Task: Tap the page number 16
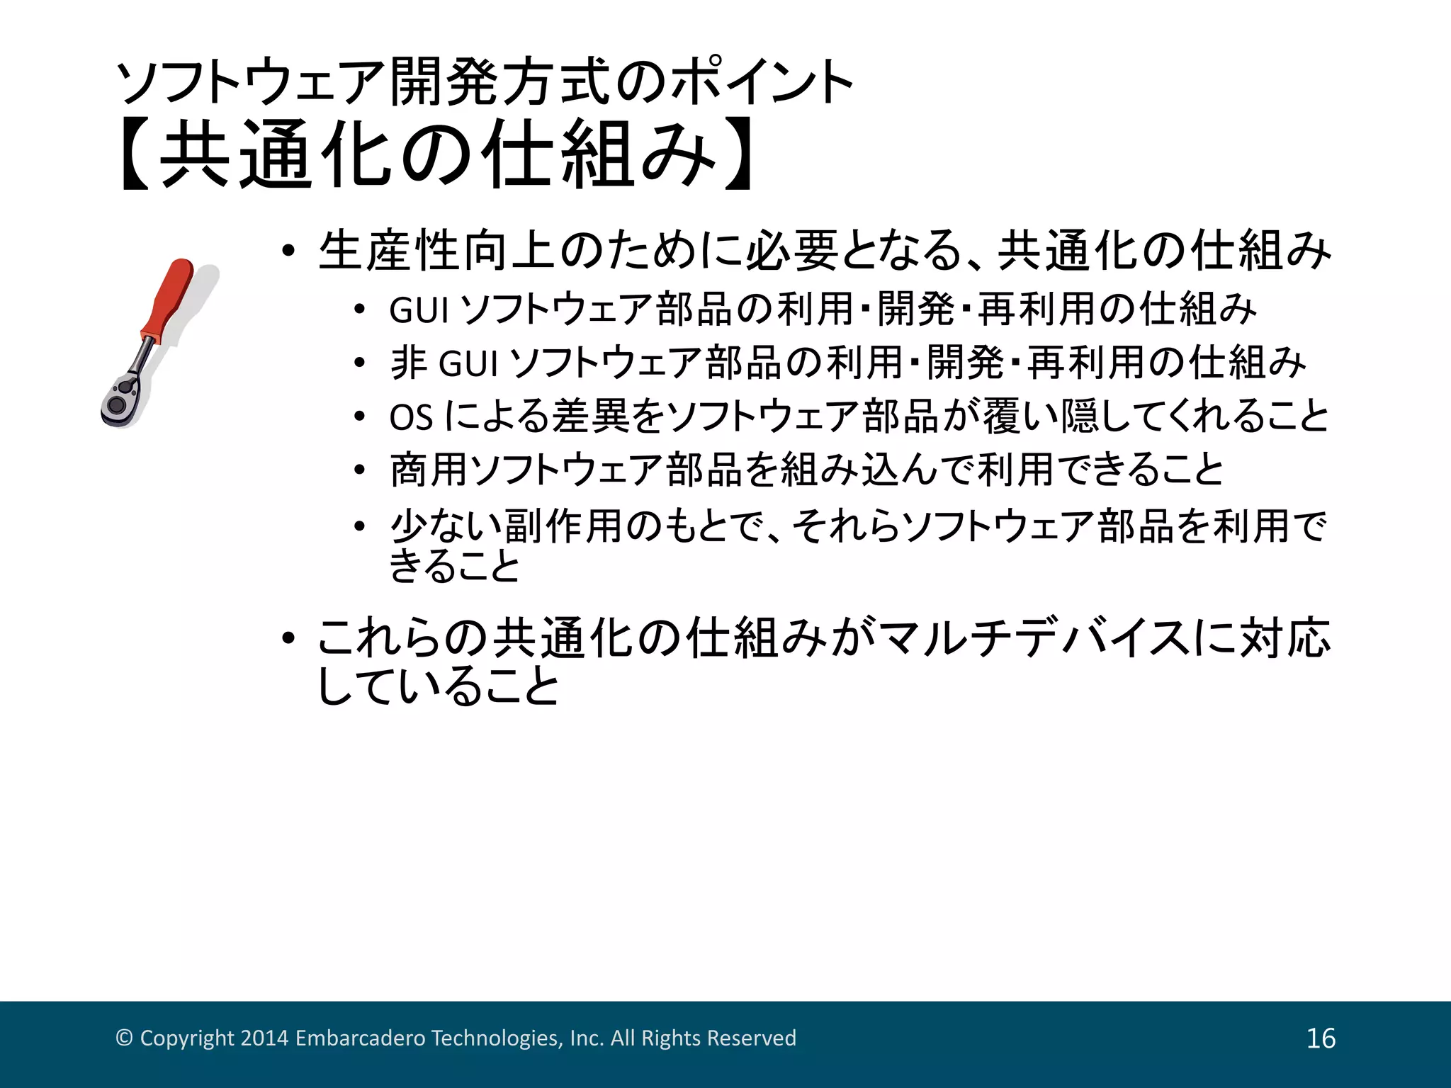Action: (1321, 1038)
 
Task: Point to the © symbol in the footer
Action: (124, 1038)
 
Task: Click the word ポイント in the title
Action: (762, 83)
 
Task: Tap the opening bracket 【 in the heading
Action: (135, 154)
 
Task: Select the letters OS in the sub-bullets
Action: (411, 416)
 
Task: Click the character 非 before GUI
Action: (409, 363)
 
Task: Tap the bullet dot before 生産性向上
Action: (288, 252)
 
